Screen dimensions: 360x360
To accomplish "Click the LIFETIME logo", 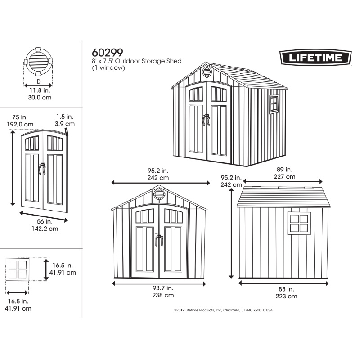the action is tap(315, 58).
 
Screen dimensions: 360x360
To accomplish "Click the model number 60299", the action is tap(108, 53).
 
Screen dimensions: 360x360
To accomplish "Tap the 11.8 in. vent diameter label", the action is tap(40, 90).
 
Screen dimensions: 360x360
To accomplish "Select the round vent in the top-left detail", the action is tap(38, 62).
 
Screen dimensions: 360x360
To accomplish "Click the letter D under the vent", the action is tap(39, 81).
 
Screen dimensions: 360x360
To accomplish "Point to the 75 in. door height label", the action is tap(20, 117).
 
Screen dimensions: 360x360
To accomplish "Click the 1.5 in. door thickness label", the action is tap(65, 117).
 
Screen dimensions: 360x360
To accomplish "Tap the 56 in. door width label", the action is tap(45, 222).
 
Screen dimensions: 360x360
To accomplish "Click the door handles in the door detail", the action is tap(42, 169).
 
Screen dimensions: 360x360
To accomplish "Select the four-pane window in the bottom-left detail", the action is tap(18, 270).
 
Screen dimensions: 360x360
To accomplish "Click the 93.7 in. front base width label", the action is tap(163, 288).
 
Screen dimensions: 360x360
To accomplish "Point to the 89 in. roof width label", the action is tap(284, 170).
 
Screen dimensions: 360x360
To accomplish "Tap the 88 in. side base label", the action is tap(286, 289).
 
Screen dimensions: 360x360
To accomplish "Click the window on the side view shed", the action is tap(299, 223).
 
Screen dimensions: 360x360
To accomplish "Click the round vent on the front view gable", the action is tap(159, 194).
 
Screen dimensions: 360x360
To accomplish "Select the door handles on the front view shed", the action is tap(159, 240).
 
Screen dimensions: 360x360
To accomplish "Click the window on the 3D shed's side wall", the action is tap(274, 104).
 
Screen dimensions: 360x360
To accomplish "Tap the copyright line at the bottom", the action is tap(223, 310).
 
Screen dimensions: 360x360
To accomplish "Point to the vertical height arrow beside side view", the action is tap(231, 233).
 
